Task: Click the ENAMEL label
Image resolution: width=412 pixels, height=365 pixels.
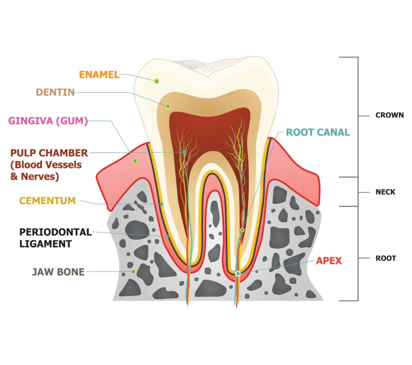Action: click(99, 75)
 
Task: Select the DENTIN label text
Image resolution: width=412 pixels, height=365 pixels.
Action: click(55, 92)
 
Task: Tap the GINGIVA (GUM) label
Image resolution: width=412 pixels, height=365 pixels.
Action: click(48, 121)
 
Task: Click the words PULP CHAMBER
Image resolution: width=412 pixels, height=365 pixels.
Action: click(49, 153)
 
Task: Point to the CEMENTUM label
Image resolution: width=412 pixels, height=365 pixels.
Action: click(47, 201)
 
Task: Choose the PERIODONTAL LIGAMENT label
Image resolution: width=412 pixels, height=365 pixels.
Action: click(56, 238)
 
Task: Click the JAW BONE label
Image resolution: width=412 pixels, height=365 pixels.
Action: click(58, 272)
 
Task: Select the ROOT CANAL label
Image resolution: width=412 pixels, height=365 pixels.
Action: click(318, 132)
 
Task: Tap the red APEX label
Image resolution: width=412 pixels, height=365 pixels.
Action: click(329, 261)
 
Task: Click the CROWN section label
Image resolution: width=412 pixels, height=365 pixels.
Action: click(389, 115)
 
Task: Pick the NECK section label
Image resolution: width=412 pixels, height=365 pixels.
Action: click(385, 192)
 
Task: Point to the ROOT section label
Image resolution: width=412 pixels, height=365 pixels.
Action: click(385, 258)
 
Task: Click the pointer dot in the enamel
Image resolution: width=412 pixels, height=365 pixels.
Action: click(157, 81)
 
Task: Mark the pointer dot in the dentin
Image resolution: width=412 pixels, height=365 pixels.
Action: click(168, 106)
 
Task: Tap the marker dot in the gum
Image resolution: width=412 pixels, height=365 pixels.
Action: click(135, 161)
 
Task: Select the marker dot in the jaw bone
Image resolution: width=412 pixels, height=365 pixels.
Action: click(133, 272)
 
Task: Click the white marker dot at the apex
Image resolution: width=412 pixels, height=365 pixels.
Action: click(238, 274)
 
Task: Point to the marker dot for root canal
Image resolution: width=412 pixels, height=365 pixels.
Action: click(242, 230)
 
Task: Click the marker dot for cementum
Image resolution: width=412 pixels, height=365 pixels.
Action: click(161, 204)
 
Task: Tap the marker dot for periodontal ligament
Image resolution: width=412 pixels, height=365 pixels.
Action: click(167, 236)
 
